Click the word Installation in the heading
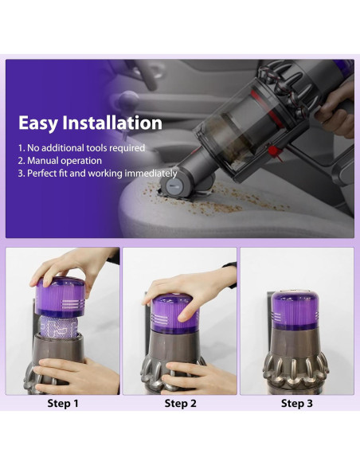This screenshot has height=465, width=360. click(x=115, y=123)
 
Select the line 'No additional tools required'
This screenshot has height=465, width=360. click(x=81, y=148)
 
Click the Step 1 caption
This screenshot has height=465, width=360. click(x=63, y=404)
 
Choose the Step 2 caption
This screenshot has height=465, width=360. click(x=179, y=404)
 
